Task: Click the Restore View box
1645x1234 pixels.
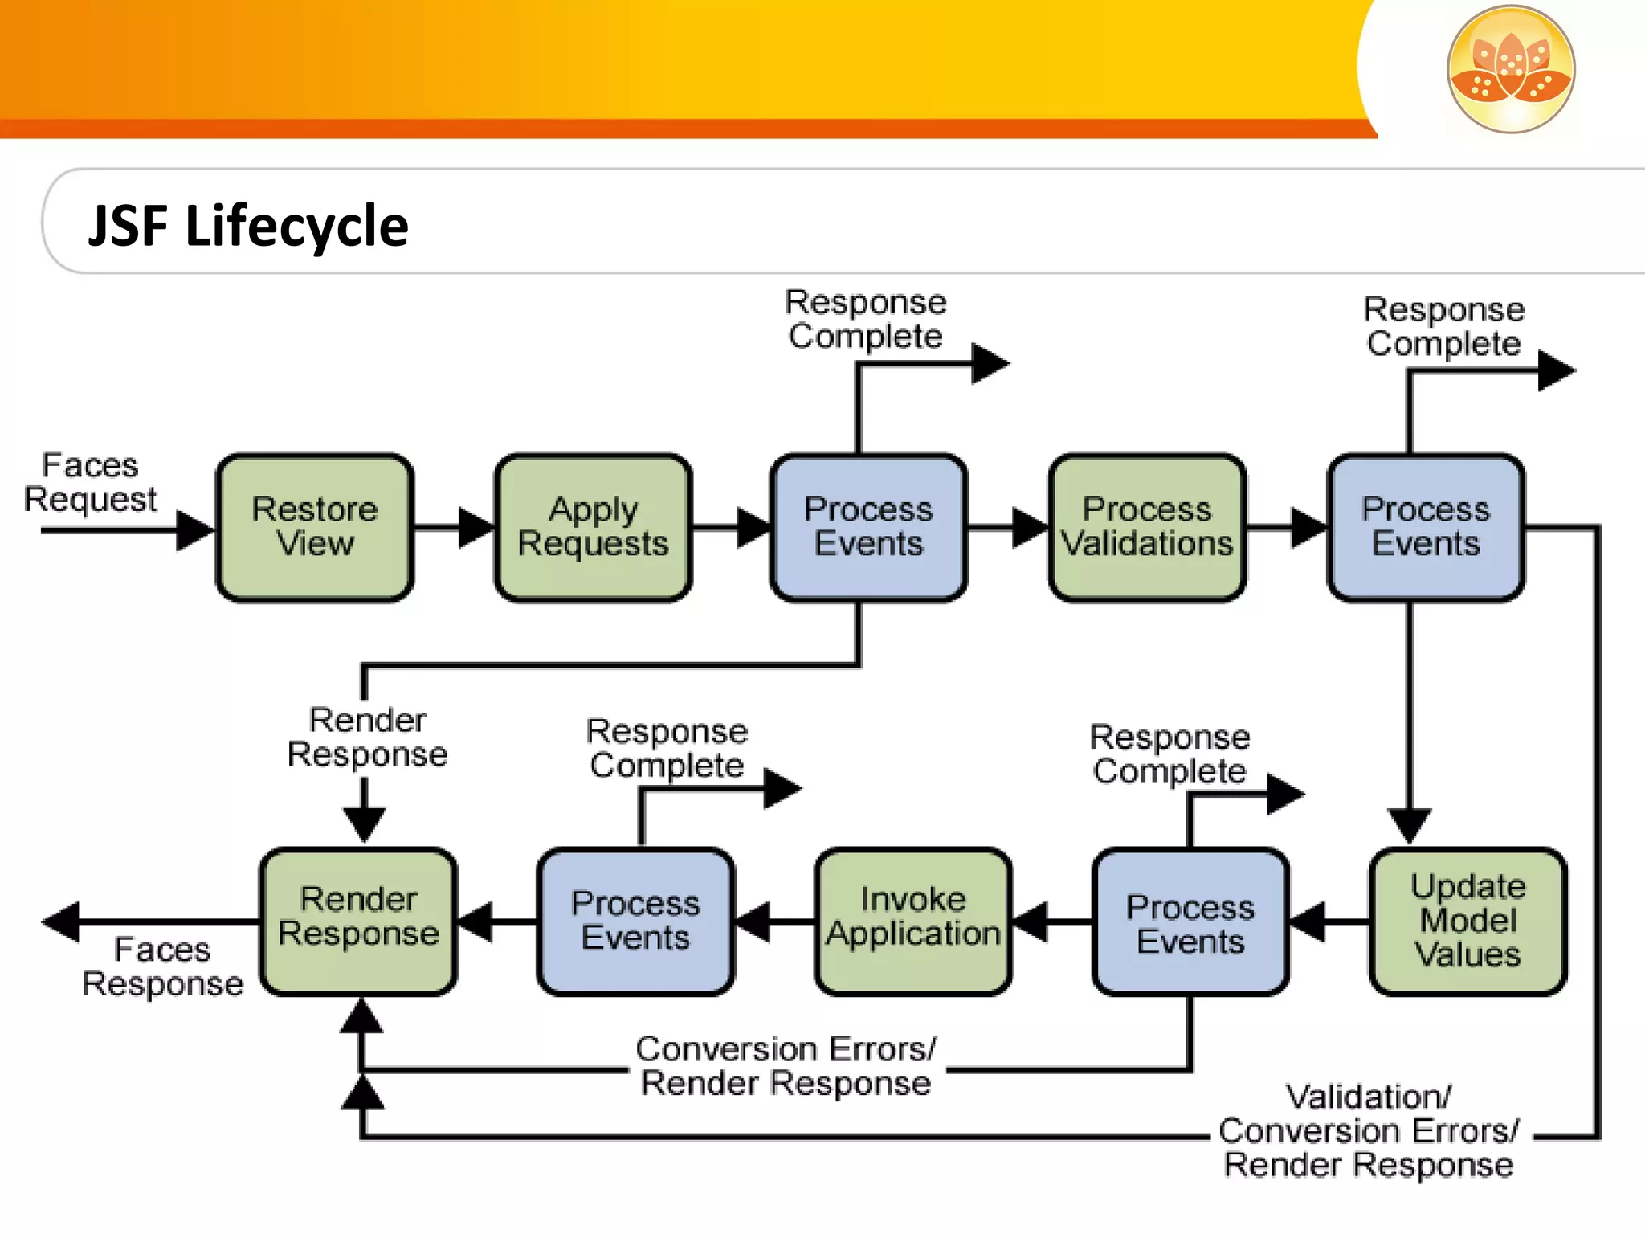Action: [314, 527]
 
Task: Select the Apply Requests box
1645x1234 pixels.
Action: [593, 527]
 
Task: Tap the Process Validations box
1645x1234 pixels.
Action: [1147, 527]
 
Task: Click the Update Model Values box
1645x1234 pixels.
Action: [1467, 921]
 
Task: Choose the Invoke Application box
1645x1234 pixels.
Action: [913, 921]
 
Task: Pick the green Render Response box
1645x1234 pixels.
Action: [358, 921]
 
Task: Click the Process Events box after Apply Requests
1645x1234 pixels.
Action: [868, 527]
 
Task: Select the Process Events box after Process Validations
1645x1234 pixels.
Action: [1425, 527]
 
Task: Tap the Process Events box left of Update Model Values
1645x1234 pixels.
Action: [1190, 921]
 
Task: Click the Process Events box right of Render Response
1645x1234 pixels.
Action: [635, 921]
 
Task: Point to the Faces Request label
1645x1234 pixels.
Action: [90, 482]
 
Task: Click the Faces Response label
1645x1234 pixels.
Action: [162, 966]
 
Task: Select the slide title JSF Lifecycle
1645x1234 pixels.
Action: [248, 226]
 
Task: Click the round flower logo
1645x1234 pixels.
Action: [1511, 69]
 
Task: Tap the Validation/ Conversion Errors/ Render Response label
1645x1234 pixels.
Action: [1368, 1131]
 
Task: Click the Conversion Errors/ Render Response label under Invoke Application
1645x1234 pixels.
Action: [786, 1066]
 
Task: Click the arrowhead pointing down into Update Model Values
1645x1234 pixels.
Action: [1409, 825]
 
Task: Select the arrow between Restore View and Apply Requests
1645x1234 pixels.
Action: [454, 528]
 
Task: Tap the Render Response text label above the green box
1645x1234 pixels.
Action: [367, 737]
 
